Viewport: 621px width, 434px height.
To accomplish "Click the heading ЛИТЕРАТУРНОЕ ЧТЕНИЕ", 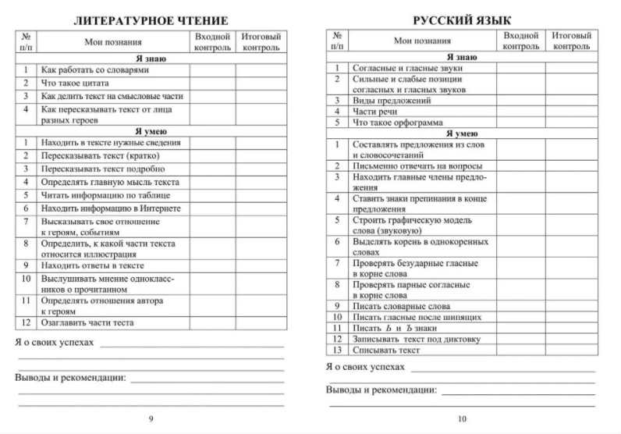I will (x=151, y=20).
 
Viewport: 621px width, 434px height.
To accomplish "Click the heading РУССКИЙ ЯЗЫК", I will (x=462, y=20).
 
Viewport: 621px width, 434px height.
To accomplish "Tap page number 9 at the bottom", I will (x=151, y=419).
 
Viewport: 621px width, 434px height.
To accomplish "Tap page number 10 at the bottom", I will (x=462, y=419).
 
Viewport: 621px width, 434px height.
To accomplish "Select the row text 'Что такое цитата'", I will (x=75, y=83).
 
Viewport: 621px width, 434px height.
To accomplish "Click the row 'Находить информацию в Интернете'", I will (x=111, y=208).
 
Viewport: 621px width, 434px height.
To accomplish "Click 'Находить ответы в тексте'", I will (x=93, y=265).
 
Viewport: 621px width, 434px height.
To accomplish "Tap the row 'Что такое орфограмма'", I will (x=398, y=123).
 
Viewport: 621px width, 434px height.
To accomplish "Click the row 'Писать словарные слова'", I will (x=402, y=307).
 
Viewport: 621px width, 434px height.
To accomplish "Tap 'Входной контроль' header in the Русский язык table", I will (x=520, y=41).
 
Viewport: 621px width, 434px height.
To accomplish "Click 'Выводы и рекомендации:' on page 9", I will (x=70, y=378).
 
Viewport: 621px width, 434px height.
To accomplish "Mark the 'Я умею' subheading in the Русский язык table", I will (x=462, y=133).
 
